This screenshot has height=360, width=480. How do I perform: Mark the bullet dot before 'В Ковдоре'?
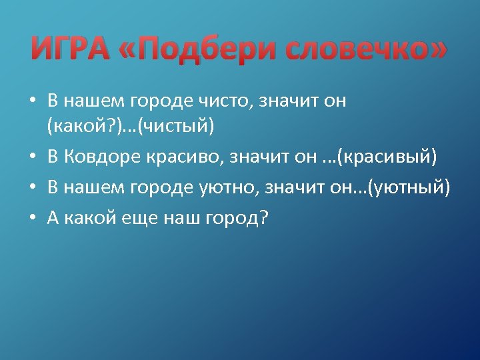click(x=32, y=159)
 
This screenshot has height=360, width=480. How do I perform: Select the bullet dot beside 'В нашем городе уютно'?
click(x=32, y=188)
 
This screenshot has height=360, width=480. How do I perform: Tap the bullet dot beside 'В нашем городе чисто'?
click(x=32, y=102)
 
